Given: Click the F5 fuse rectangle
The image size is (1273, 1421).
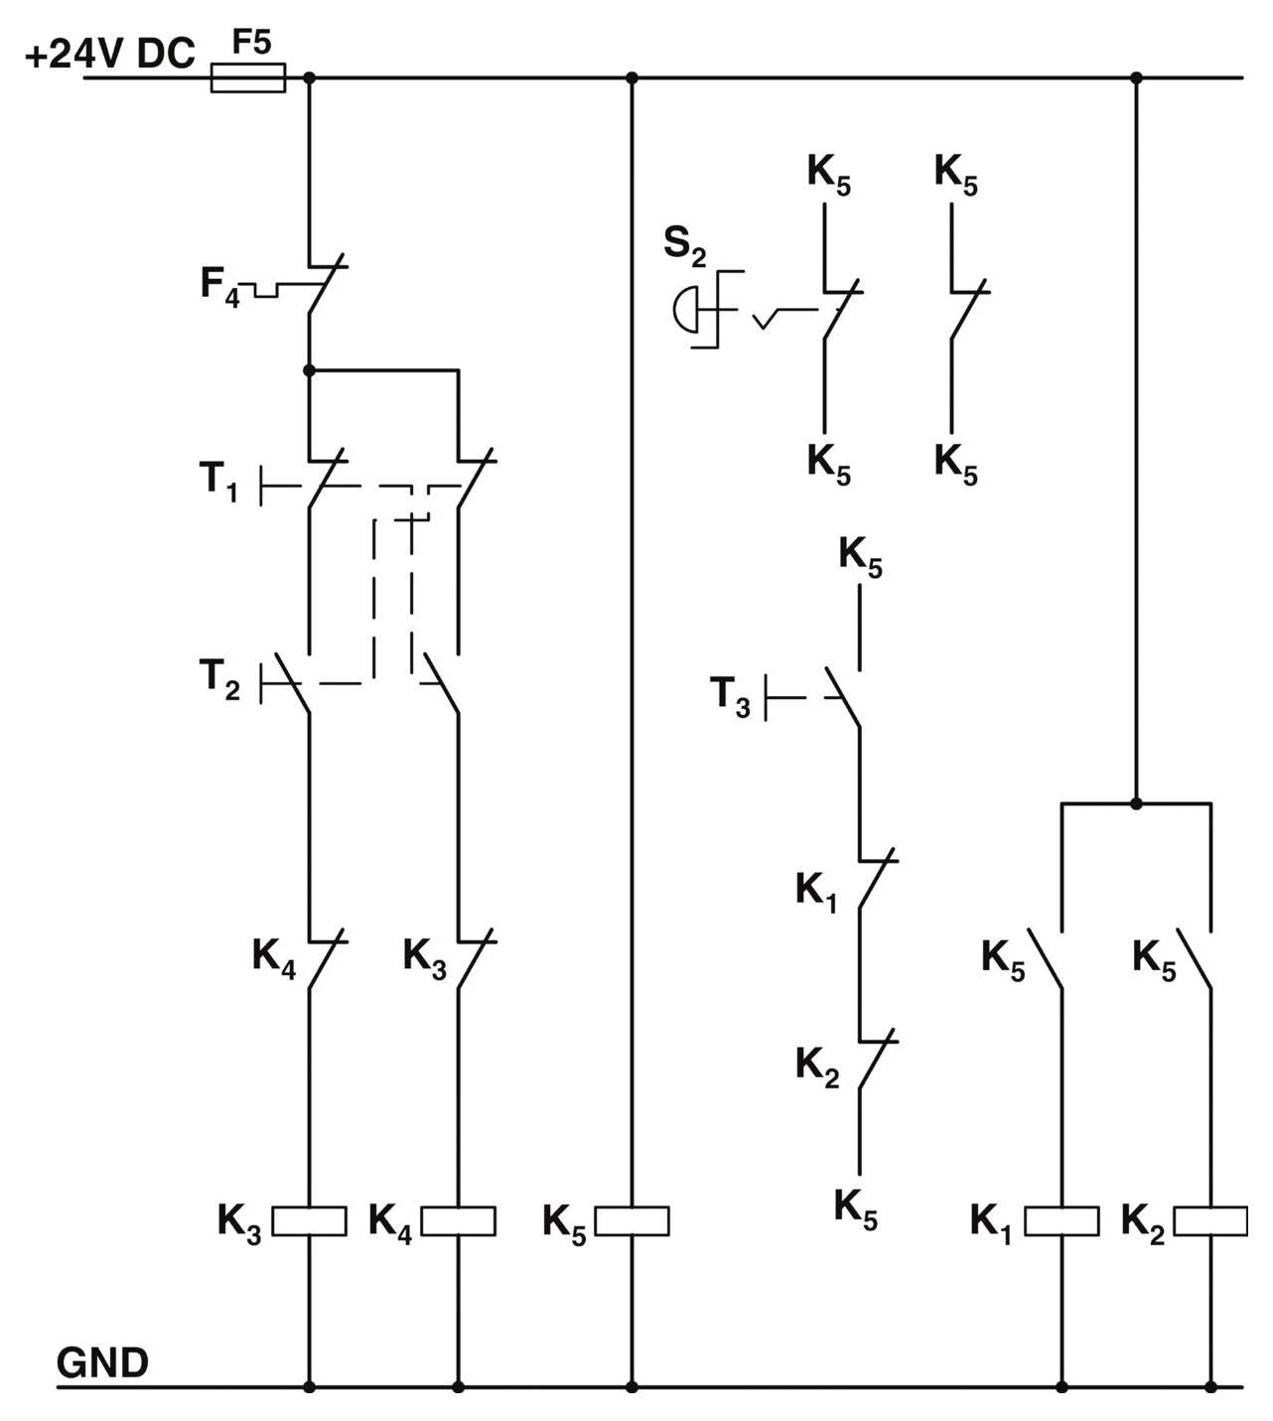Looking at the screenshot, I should (x=248, y=77).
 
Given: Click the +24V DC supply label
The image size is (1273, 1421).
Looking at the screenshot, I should (x=109, y=54).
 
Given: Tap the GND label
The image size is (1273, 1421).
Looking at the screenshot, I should (x=102, y=1362).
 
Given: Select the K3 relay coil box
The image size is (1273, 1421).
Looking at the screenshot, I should (x=310, y=1220).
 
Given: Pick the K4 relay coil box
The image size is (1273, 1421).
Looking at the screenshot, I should (x=459, y=1220).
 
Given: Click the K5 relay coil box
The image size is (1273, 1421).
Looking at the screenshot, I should (x=633, y=1220).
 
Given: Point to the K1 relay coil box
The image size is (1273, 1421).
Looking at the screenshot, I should (x=1061, y=1220).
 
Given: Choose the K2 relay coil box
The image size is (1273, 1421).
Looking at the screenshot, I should (x=1210, y=1220).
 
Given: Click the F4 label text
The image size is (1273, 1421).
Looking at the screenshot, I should (x=219, y=285).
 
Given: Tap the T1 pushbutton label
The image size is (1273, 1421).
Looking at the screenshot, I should (x=218, y=482).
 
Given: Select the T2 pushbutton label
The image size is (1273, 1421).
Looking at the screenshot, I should (x=219, y=679).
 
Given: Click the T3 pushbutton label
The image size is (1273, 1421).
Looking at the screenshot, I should (x=730, y=695).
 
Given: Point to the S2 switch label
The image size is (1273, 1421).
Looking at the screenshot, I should (x=684, y=245).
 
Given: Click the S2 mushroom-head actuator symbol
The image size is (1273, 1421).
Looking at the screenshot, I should (x=686, y=309).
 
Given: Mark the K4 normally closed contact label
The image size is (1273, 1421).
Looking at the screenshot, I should (x=273, y=958).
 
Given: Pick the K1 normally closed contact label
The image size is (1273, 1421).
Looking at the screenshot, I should (x=816, y=891).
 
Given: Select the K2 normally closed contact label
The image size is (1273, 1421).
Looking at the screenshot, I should (x=817, y=1066).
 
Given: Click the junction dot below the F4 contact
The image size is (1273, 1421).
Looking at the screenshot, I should (x=309, y=370).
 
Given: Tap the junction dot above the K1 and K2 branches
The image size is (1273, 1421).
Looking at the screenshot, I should (x=1137, y=802).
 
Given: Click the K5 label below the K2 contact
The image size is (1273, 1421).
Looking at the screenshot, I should (x=856, y=1208).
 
